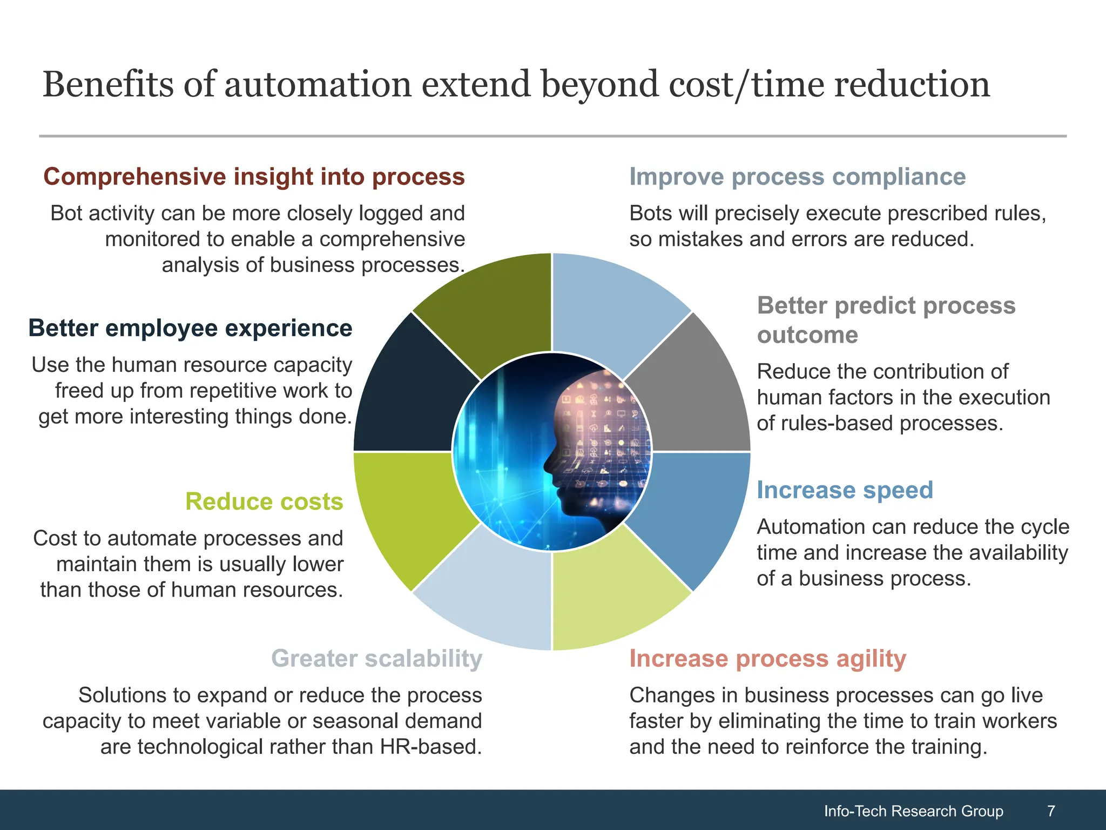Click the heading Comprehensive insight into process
coord(254,177)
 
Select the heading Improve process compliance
coord(797,177)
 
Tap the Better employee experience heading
coord(190,328)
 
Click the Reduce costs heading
coord(264,501)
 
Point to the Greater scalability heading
coord(376,659)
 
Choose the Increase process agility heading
coord(767,659)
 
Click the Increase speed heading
coord(845,490)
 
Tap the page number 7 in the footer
coord(1051,811)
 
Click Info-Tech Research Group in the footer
coord(913,811)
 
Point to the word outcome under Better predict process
coord(807,335)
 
